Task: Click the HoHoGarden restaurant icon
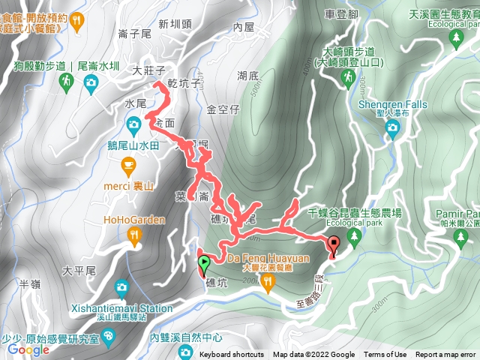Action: pos(133,237)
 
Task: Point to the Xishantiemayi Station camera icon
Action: pos(121,289)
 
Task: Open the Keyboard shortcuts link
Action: pos(232,355)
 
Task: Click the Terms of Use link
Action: pos(385,355)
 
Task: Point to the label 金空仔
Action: pos(223,109)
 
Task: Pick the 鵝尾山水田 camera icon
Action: pos(133,123)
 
